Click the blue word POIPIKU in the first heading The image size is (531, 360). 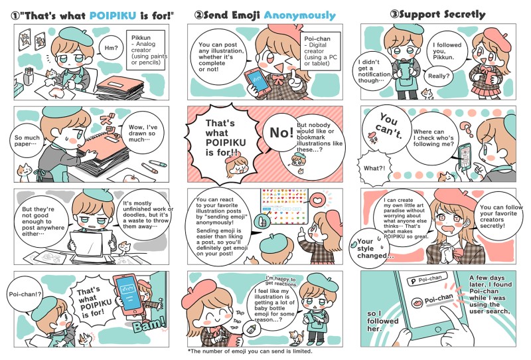coord(112,15)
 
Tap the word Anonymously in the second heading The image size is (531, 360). coord(299,15)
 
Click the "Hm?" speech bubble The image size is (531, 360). coord(111,48)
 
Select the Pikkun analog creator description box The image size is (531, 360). coord(145,50)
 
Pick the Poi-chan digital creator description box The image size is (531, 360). coord(320,51)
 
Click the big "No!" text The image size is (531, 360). coord(281,133)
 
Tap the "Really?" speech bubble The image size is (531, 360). coord(439,76)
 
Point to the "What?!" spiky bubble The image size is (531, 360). coord(374,168)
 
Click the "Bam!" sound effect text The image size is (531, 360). coord(148,324)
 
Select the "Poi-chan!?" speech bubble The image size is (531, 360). coord(25,294)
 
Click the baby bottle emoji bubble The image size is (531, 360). coord(251,329)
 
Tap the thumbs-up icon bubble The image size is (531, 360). coord(262,222)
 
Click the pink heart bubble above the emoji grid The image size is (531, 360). coord(318,201)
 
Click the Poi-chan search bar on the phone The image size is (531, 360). coord(427,280)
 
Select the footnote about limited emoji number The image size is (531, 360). coord(250,351)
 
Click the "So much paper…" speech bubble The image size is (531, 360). coord(27,141)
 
